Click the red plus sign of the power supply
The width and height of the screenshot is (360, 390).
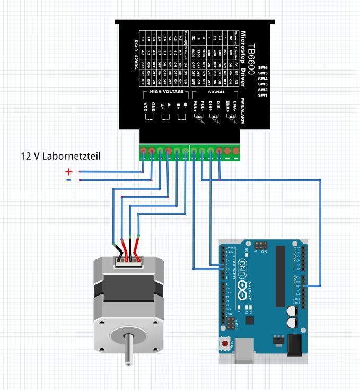68,171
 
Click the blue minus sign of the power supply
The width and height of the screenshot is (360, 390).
68,180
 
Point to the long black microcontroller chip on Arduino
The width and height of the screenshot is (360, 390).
279,276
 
